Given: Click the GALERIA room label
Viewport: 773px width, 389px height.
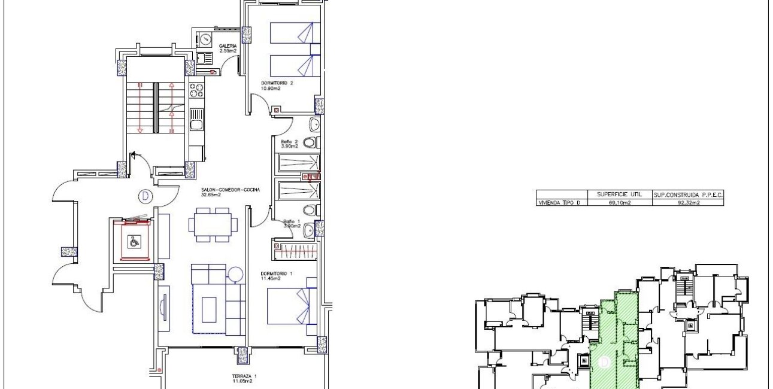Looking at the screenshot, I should click(x=228, y=47).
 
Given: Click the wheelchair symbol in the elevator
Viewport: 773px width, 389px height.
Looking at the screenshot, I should click(x=134, y=242).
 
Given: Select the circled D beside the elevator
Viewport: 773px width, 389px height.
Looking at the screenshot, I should click(x=144, y=195).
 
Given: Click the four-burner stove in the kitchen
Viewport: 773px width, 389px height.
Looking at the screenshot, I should click(x=196, y=90).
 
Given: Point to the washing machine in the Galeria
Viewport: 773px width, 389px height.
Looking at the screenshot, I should click(x=205, y=39).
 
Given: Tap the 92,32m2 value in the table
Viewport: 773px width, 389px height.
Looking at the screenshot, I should click(x=687, y=203).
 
